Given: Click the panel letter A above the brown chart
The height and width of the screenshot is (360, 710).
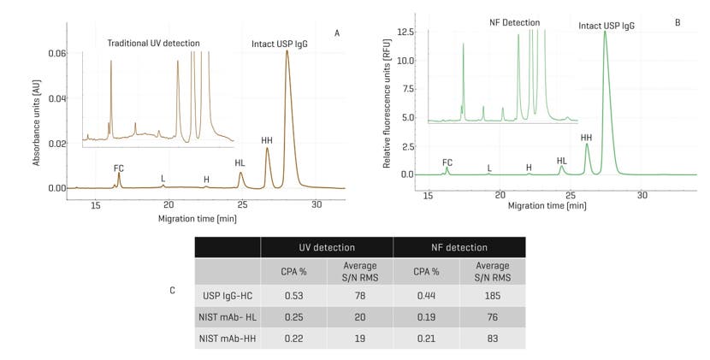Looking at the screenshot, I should (x=337, y=33).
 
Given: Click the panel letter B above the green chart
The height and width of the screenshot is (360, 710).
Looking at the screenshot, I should (x=677, y=22).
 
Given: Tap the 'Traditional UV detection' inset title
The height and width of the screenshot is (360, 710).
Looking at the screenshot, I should (x=153, y=43).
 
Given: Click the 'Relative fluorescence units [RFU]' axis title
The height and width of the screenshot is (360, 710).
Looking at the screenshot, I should (x=387, y=107).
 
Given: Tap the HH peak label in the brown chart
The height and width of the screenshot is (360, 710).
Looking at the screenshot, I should (x=267, y=140).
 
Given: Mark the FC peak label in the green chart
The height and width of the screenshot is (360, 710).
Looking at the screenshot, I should (x=447, y=162).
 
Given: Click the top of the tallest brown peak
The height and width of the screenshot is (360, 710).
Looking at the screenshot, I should (x=287, y=51).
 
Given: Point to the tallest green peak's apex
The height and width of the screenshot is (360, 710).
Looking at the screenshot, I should (x=606, y=32).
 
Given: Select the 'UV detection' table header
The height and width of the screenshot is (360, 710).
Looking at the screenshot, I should (x=327, y=247).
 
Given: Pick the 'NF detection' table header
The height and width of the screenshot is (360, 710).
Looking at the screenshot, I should (x=459, y=247).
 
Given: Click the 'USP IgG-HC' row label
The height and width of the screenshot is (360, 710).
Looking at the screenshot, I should (x=227, y=296).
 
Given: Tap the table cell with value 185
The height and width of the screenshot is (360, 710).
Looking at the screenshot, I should (x=492, y=296).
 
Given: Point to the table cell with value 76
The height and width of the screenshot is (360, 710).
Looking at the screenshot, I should (x=492, y=317).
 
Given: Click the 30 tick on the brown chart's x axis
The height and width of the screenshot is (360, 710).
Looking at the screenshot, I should (x=317, y=205).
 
